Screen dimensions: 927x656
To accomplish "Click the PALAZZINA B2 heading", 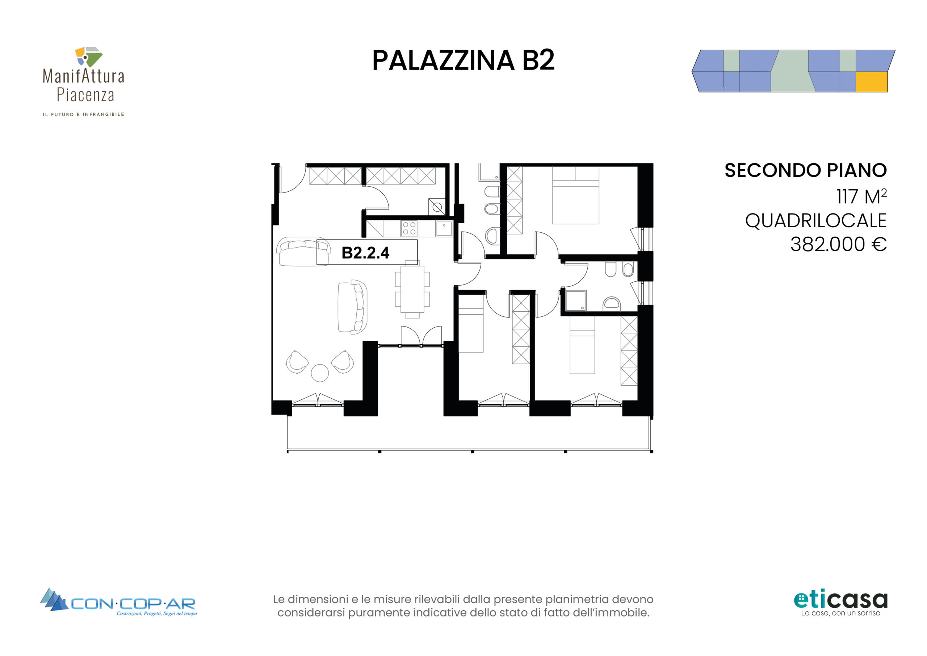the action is click(463, 60).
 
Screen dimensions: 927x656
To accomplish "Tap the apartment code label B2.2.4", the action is click(365, 253).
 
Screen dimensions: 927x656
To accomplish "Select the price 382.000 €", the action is click(838, 244).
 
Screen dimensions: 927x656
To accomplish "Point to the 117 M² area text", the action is click(861, 196).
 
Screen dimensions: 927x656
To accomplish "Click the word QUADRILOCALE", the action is click(815, 221).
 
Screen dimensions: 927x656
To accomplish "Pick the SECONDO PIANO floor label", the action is click(805, 170).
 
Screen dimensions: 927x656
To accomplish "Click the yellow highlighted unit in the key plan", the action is click(872, 82).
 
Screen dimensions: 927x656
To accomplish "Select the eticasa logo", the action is click(840, 603).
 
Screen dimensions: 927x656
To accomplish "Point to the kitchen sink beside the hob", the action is click(444, 229).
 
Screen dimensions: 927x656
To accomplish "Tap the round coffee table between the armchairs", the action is click(320, 373).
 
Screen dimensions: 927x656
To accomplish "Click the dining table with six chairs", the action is click(412, 289).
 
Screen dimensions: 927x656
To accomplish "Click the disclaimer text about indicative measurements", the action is click(463, 606).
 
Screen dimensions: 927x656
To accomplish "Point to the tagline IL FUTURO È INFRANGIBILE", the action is click(84, 115).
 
